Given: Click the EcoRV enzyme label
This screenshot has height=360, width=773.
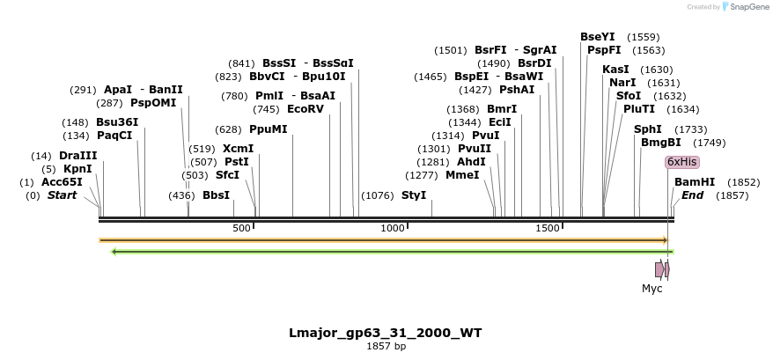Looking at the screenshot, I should click(x=306, y=109).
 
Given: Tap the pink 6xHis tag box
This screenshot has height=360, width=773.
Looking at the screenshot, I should click(x=681, y=162).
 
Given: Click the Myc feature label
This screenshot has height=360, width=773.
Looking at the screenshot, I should click(x=652, y=288).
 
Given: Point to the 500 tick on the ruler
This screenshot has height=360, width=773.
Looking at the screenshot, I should click(x=242, y=228).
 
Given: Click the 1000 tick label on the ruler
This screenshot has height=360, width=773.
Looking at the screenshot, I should click(x=393, y=228).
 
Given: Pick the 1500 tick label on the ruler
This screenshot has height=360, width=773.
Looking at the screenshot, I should click(x=548, y=228).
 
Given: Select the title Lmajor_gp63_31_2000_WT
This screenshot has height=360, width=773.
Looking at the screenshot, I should click(x=386, y=333).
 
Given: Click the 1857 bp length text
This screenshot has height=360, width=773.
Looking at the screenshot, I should click(x=386, y=347).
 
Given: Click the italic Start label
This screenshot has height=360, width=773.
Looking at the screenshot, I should click(x=63, y=195).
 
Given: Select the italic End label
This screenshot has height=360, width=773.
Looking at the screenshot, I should click(x=692, y=195).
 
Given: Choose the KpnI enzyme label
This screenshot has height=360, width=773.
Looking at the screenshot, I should click(x=77, y=169).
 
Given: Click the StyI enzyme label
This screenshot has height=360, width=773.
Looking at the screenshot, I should click(x=414, y=195).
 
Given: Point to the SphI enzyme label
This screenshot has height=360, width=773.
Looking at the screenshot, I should click(x=647, y=129).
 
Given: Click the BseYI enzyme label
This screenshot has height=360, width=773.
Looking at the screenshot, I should click(x=598, y=36).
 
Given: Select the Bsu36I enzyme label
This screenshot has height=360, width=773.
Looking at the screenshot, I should click(x=117, y=121).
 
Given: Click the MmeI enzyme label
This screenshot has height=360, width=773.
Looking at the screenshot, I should click(x=463, y=175).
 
